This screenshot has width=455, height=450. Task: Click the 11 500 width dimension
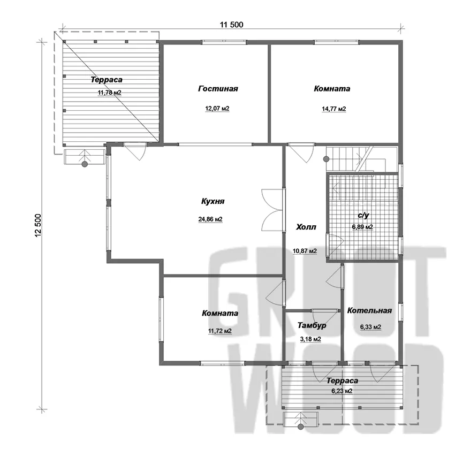coord(232,25)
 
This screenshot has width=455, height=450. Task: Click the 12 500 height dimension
coord(39,226)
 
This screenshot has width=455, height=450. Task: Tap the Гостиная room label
coord(218,88)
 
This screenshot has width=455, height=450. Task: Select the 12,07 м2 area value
coord(217,109)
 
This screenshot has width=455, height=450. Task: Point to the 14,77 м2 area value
coord(333,109)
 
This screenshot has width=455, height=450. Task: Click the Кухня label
coord(213,201)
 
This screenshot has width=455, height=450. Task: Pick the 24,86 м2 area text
coord(210,219)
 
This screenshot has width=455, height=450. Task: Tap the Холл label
coord(306,227)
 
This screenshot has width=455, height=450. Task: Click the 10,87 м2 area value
coord(305,251)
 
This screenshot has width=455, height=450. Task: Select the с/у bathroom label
coord(363,215)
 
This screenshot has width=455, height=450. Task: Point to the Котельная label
coord(369,311)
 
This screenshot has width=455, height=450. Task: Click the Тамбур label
coord(312,325)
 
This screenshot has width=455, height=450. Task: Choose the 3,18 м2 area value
coord(310,339)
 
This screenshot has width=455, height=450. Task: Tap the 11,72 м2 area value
coord(219,331)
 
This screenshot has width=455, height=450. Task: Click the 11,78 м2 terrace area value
coord(109,93)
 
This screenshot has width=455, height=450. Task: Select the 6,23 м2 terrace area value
coord(342,391)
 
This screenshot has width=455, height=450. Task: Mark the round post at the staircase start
coord(326,159)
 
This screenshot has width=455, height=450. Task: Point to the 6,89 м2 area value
coord(362,227)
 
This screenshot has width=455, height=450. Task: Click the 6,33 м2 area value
coord(370,327)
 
